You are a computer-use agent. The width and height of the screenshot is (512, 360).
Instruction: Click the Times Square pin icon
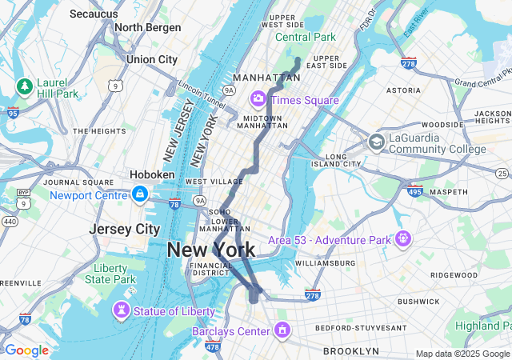(x=258, y=99)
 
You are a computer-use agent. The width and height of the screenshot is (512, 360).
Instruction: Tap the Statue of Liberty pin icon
(x=122, y=309)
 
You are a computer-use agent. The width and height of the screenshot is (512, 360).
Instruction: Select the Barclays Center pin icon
(x=282, y=330)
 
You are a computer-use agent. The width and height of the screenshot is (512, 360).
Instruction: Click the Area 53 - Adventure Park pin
(x=402, y=238)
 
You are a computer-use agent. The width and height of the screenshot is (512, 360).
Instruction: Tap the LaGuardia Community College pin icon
(x=376, y=142)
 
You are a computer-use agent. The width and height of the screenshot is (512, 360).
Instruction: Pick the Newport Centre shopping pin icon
(x=140, y=194)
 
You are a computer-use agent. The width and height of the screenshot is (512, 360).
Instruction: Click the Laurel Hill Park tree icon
(x=25, y=86)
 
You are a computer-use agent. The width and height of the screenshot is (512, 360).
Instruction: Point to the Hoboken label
(x=151, y=174)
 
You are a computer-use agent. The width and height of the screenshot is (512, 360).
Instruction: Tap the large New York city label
(x=211, y=250)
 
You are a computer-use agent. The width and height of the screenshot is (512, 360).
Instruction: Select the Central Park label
(x=306, y=37)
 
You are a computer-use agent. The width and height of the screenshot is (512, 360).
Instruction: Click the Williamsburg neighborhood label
(x=324, y=262)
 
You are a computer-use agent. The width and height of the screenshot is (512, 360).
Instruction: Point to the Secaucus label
(x=95, y=14)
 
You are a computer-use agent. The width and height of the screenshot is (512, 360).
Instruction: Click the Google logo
(x=26, y=350)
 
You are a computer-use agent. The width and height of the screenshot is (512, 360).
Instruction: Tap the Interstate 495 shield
(x=414, y=191)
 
